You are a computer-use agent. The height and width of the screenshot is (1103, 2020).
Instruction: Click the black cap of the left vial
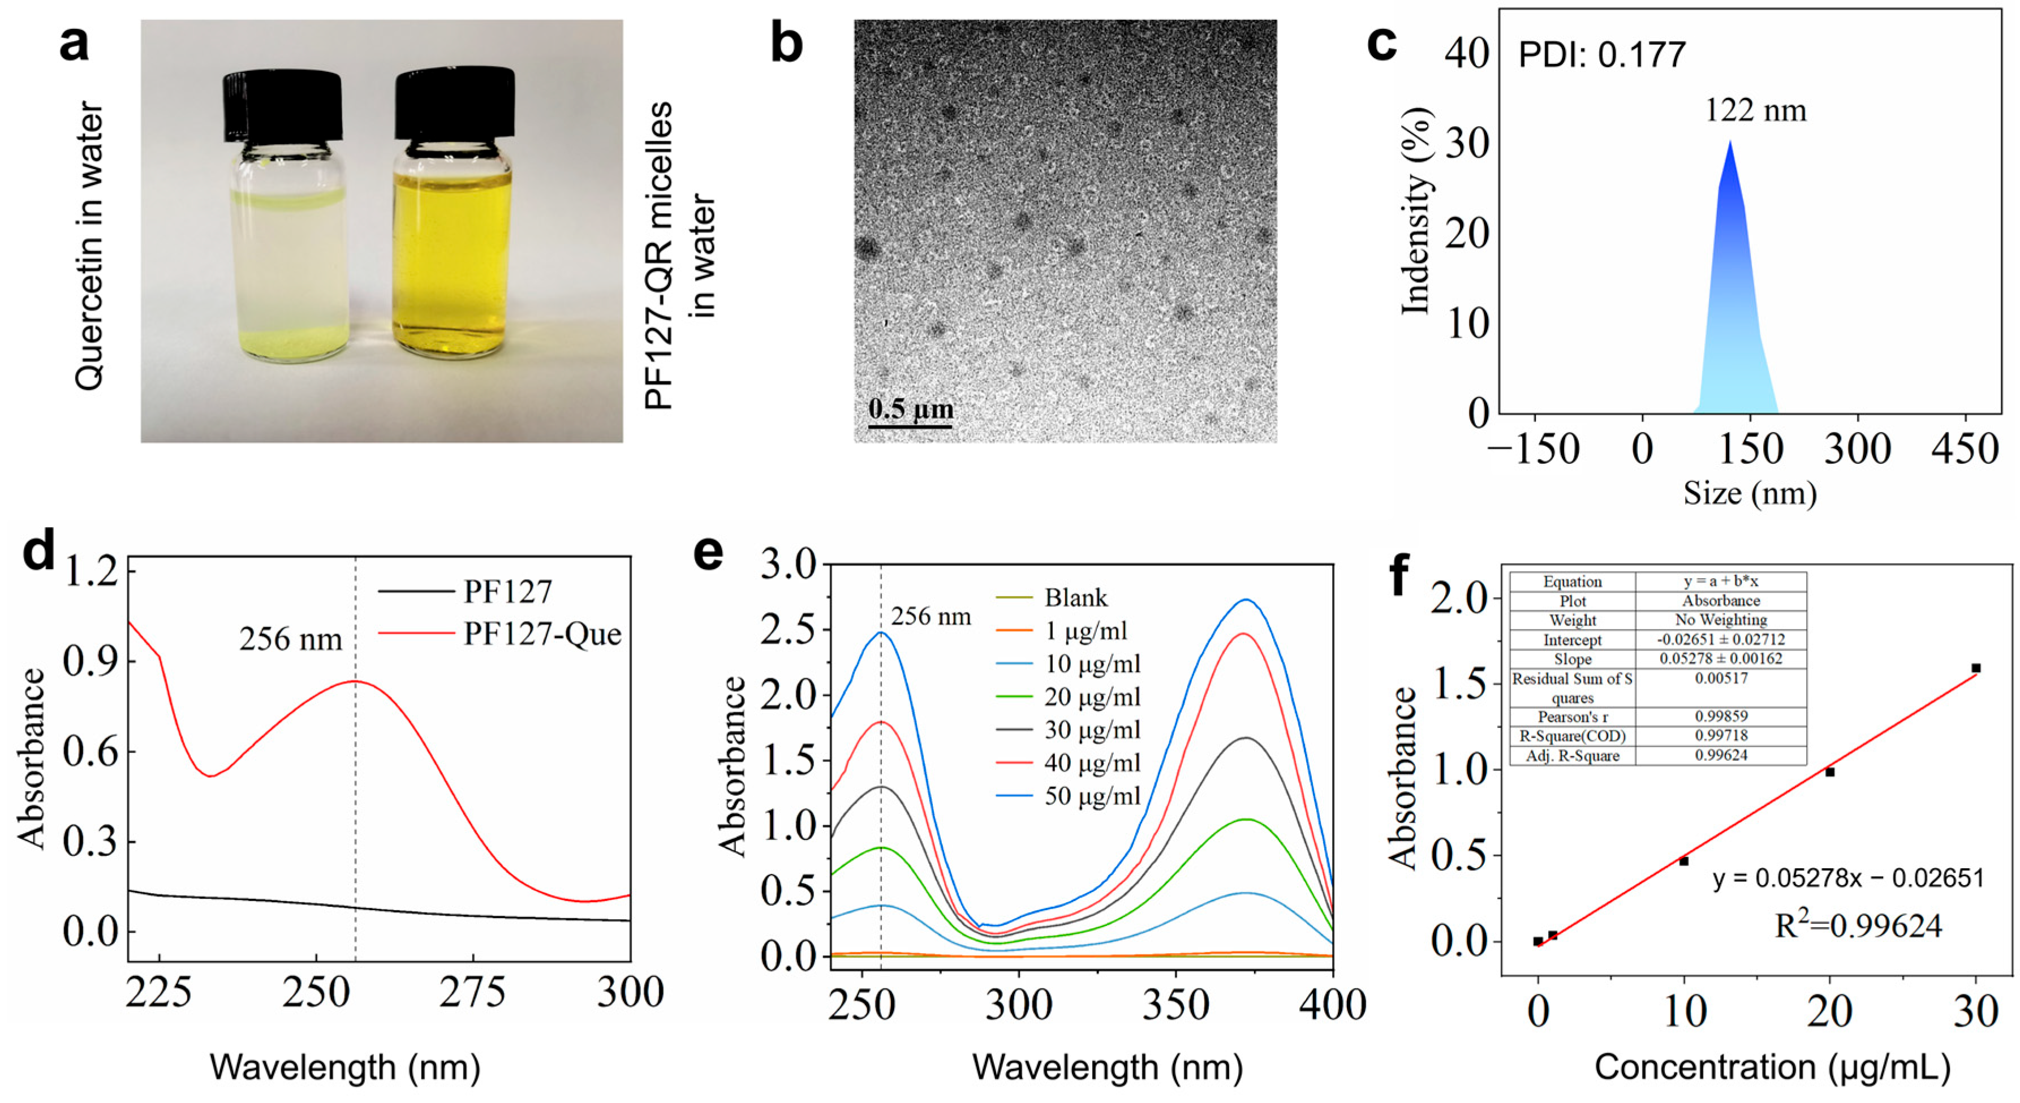[283, 105]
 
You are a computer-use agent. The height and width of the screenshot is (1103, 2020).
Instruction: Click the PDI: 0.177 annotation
[1601, 55]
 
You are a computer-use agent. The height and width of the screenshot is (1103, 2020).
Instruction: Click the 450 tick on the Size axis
[1965, 449]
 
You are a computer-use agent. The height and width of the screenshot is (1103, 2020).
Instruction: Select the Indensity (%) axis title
[1417, 212]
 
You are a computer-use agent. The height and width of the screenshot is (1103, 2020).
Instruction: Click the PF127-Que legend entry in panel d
[541, 634]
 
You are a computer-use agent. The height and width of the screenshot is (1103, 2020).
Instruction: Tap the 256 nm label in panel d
[290, 640]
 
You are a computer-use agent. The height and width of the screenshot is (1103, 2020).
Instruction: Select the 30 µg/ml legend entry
[1092, 730]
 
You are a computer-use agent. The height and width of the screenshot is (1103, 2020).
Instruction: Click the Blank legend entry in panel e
[1075, 598]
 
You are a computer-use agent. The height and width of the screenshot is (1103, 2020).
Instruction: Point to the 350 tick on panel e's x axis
[1175, 1005]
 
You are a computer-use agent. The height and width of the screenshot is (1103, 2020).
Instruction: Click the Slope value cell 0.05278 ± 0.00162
[1720, 658]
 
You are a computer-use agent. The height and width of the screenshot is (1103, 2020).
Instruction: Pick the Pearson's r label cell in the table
[1572, 717]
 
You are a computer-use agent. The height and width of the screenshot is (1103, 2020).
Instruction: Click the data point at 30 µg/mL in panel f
[1976, 668]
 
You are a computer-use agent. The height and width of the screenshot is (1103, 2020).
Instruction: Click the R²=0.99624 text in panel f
[1858, 926]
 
